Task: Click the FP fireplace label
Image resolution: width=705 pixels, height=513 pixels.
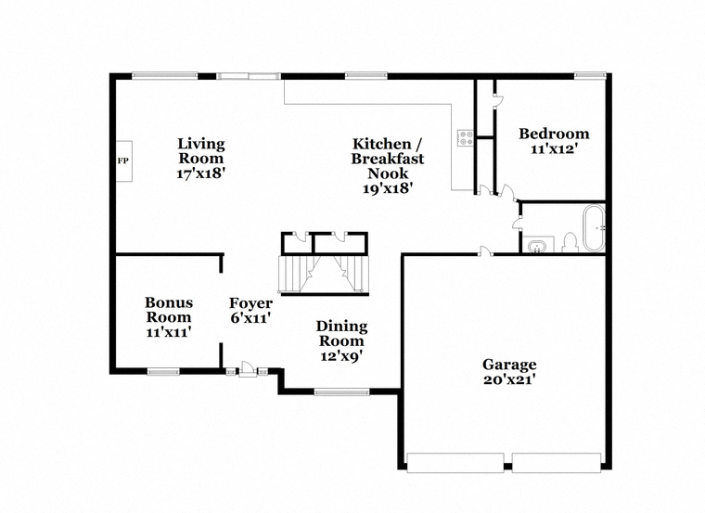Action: tap(122, 160)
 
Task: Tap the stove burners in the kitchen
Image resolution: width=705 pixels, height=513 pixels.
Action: tap(466, 137)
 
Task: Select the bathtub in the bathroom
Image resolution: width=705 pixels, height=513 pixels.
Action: tap(594, 228)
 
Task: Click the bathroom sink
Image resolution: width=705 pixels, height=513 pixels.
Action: tap(536, 247)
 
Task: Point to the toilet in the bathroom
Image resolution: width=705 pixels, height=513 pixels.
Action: tap(570, 243)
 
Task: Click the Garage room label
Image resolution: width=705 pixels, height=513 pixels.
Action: tap(509, 365)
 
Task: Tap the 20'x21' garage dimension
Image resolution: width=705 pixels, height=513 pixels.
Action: tap(509, 380)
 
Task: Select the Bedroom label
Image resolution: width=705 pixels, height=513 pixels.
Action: tap(554, 134)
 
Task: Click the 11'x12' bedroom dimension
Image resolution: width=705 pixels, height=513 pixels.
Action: tap(554, 148)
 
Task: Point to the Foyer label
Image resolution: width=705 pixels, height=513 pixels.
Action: tap(250, 303)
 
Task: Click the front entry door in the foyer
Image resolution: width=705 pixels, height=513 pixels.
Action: tap(248, 369)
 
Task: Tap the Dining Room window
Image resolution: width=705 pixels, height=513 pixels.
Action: tap(341, 392)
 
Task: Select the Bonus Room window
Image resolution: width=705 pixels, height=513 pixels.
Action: tap(163, 371)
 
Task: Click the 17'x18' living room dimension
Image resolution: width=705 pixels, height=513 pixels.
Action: tap(200, 173)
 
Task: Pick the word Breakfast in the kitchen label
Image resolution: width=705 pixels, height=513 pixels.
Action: tap(388, 159)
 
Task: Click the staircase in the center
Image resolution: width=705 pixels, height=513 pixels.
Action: tap(324, 275)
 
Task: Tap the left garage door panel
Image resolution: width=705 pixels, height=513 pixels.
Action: tap(455, 463)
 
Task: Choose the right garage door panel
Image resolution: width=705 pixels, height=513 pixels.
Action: tap(557, 463)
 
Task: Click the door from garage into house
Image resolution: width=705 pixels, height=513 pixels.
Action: tap(484, 252)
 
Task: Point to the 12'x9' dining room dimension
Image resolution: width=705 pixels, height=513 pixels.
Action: tap(341, 356)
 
